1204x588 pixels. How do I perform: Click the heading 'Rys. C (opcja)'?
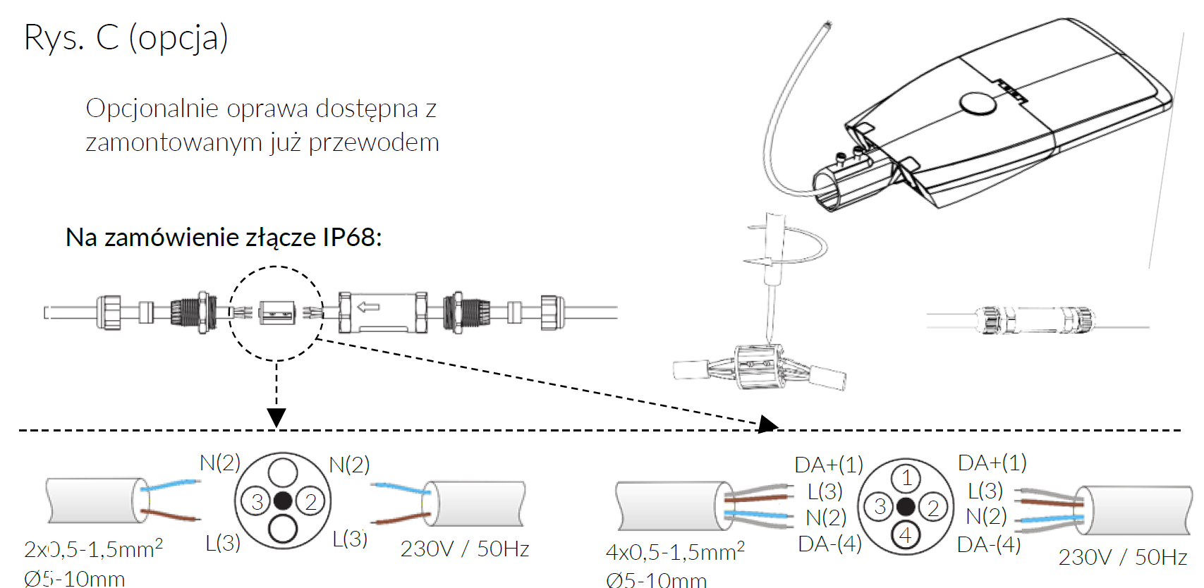click(x=126, y=38)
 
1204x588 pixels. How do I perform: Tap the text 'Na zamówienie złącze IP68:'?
click(x=224, y=238)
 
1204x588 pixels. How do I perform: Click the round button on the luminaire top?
click(x=978, y=104)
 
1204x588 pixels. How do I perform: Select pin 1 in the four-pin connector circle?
click(x=906, y=479)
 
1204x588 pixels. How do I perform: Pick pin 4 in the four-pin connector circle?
click(x=906, y=535)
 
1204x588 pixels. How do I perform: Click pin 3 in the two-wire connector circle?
click(x=257, y=501)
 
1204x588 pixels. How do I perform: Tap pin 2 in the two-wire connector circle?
click(x=310, y=501)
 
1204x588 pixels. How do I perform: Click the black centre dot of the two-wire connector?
click(x=283, y=501)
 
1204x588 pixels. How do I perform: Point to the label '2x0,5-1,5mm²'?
click(x=93, y=549)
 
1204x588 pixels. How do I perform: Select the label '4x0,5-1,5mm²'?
click(x=675, y=552)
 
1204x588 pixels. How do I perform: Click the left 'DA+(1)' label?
click(x=829, y=465)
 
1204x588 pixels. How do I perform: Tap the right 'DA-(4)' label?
click(x=989, y=544)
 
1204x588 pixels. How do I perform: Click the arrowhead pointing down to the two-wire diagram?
click(x=276, y=417)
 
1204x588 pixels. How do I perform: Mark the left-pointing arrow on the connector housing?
click(x=368, y=307)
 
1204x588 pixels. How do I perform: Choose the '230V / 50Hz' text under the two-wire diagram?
click(x=465, y=549)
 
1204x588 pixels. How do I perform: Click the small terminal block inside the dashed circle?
click(x=276, y=312)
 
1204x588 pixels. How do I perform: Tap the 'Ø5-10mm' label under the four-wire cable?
click(x=656, y=580)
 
